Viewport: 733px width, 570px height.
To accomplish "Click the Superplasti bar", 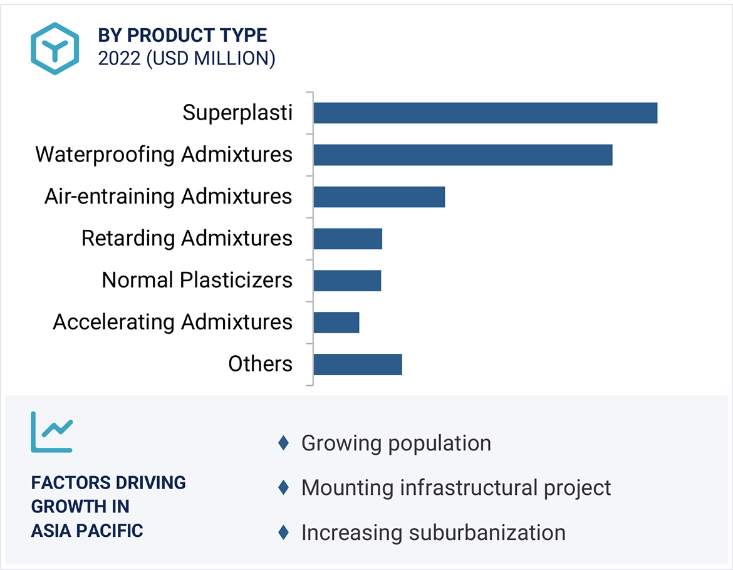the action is click(x=486, y=113).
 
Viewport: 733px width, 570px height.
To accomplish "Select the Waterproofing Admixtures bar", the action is click(x=463, y=155).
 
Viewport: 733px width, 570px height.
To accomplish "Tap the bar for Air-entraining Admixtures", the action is click(x=379, y=197).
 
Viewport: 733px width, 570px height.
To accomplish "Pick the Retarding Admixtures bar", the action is click(x=348, y=239).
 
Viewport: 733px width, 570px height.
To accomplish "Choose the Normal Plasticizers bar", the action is click(x=347, y=281).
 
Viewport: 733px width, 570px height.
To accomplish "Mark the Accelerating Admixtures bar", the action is click(x=336, y=323).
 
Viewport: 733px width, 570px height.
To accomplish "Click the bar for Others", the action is click(x=358, y=365).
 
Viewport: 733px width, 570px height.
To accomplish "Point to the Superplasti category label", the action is click(x=237, y=113).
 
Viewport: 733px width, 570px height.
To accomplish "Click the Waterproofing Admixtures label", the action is click(x=164, y=155).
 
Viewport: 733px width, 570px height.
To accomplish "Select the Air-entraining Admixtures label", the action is click(x=169, y=197).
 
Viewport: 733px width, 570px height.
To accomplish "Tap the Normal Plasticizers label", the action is click(x=197, y=281).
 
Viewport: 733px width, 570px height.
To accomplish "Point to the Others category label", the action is click(x=261, y=364).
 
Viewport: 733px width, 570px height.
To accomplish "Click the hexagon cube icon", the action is click(x=55, y=49).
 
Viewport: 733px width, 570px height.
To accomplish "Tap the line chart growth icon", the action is click(x=52, y=432).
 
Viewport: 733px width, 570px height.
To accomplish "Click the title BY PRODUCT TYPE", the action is click(x=182, y=36).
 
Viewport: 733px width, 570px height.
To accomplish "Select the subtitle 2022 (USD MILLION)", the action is click(x=187, y=58).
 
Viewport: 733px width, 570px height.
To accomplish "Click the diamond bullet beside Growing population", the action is click(x=283, y=443).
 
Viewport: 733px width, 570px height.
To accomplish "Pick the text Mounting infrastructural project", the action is click(x=456, y=488).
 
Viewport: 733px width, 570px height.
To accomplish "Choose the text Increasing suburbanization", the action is click(x=434, y=532).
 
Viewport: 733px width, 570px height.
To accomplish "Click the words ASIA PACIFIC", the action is click(x=87, y=531).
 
